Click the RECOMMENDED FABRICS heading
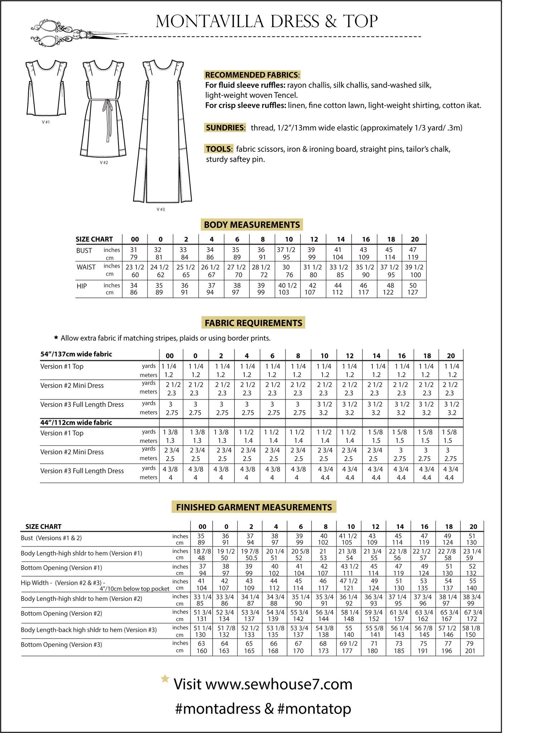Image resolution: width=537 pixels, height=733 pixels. click(x=252, y=75)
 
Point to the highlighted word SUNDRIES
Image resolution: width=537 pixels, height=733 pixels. click(x=225, y=128)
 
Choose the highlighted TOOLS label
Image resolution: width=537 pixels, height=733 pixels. click(x=219, y=149)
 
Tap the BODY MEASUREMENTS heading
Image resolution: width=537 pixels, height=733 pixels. click(x=252, y=225)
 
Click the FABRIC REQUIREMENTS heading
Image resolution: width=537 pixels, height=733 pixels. click(x=253, y=323)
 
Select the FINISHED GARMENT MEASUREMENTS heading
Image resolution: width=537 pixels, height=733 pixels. click(x=254, y=507)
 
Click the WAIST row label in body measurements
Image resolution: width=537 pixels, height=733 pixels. click(x=86, y=267)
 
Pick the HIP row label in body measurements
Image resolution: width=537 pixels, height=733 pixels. click(x=82, y=286)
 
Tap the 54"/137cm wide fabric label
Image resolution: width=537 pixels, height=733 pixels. click(x=76, y=354)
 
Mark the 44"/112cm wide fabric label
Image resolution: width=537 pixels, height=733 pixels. click(x=76, y=422)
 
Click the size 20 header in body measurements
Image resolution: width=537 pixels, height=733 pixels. click(x=415, y=239)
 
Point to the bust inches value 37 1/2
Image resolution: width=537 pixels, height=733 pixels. click(x=286, y=250)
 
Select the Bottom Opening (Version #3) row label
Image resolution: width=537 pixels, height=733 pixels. click(x=61, y=645)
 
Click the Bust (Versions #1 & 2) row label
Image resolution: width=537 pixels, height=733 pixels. click(x=51, y=538)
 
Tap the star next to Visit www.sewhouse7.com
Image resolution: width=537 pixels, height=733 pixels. click(x=165, y=679)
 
